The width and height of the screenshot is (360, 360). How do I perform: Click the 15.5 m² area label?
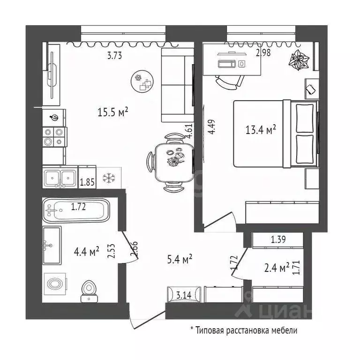(113, 112)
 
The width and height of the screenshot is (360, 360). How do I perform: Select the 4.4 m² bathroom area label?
(87, 252)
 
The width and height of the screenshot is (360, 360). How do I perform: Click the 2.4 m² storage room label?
(277, 268)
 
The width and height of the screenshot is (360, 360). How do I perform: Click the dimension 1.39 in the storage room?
(278, 240)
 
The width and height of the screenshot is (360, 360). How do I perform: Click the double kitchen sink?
(60, 177)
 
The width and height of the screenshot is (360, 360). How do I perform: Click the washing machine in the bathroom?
(55, 285)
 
